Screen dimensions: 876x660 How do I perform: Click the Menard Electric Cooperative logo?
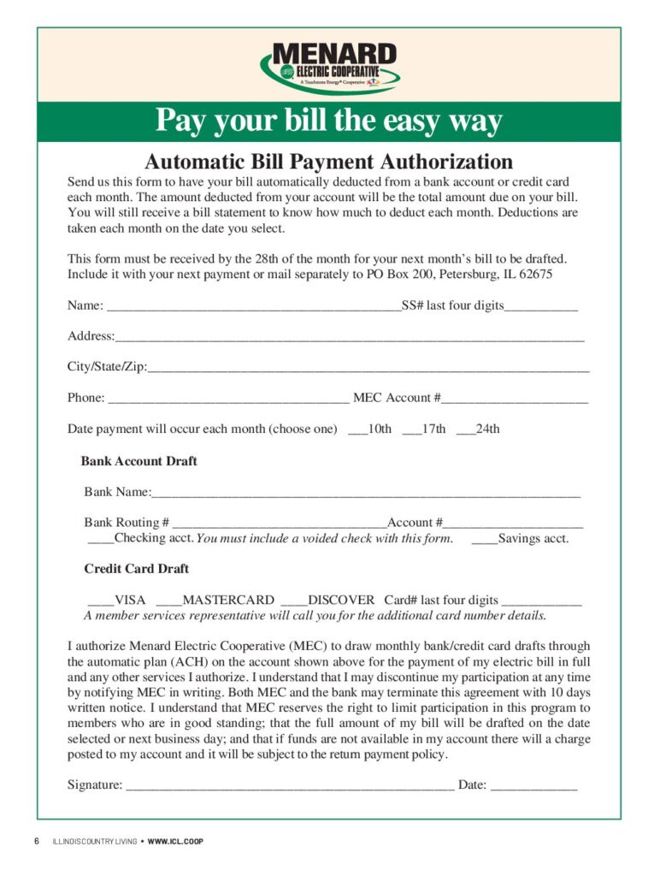tap(330, 67)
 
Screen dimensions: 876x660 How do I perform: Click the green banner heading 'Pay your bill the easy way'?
tap(328, 121)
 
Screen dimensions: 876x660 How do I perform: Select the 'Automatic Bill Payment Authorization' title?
tap(328, 162)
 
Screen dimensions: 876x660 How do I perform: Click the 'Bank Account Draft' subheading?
tap(139, 461)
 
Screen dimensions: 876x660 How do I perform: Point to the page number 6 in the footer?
tap(37, 841)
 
